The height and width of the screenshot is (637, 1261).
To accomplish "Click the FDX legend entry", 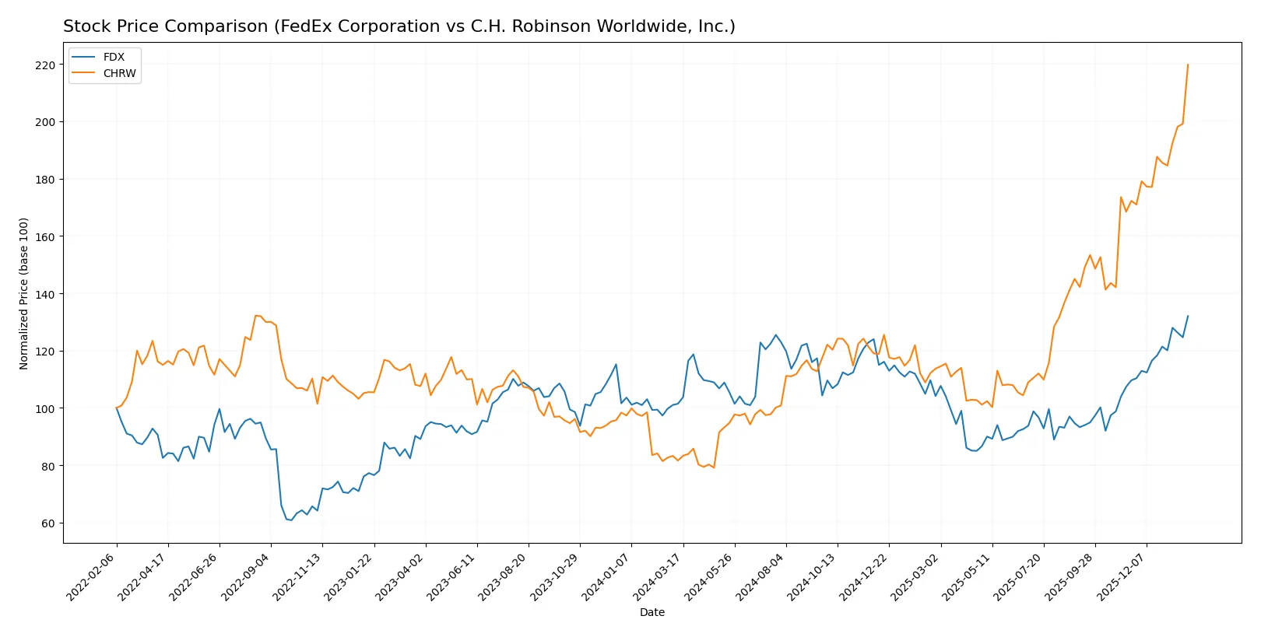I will (114, 57).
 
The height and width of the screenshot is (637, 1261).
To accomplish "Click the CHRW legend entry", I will (119, 73).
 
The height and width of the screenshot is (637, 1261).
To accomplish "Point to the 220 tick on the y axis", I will (45, 65).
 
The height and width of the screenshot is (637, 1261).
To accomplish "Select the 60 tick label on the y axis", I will (48, 523).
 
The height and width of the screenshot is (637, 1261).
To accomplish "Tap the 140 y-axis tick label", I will (45, 294).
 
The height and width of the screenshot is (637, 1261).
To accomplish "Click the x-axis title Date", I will (652, 613).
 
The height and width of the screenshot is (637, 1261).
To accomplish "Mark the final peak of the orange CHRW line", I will (1188, 65).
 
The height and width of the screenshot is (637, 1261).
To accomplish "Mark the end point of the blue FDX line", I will (1188, 316).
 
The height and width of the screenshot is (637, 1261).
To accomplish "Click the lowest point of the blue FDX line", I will (291, 520).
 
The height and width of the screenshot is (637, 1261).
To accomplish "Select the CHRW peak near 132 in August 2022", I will (256, 315).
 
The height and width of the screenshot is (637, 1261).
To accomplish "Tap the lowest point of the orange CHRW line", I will (714, 467).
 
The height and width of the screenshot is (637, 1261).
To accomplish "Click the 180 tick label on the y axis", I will (45, 180).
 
